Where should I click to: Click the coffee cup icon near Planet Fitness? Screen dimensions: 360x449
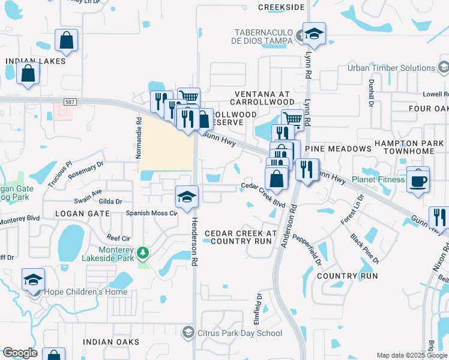click(x=418, y=179)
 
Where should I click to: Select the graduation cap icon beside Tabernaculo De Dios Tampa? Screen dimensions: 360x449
click(x=313, y=34)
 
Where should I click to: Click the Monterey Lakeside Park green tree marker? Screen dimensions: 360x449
click(x=143, y=253)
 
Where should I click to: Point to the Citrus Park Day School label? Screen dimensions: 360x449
click(x=240, y=333)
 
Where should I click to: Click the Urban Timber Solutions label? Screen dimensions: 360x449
click(x=391, y=68)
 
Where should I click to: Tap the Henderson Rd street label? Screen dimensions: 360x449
click(x=194, y=241)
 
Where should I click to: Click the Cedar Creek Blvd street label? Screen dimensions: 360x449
click(x=263, y=195)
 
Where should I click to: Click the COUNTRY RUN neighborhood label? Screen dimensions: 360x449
click(x=348, y=276)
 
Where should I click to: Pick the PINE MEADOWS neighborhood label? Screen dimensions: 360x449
click(x=339, y=148)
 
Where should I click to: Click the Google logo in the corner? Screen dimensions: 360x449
click(x=20, y=353)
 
